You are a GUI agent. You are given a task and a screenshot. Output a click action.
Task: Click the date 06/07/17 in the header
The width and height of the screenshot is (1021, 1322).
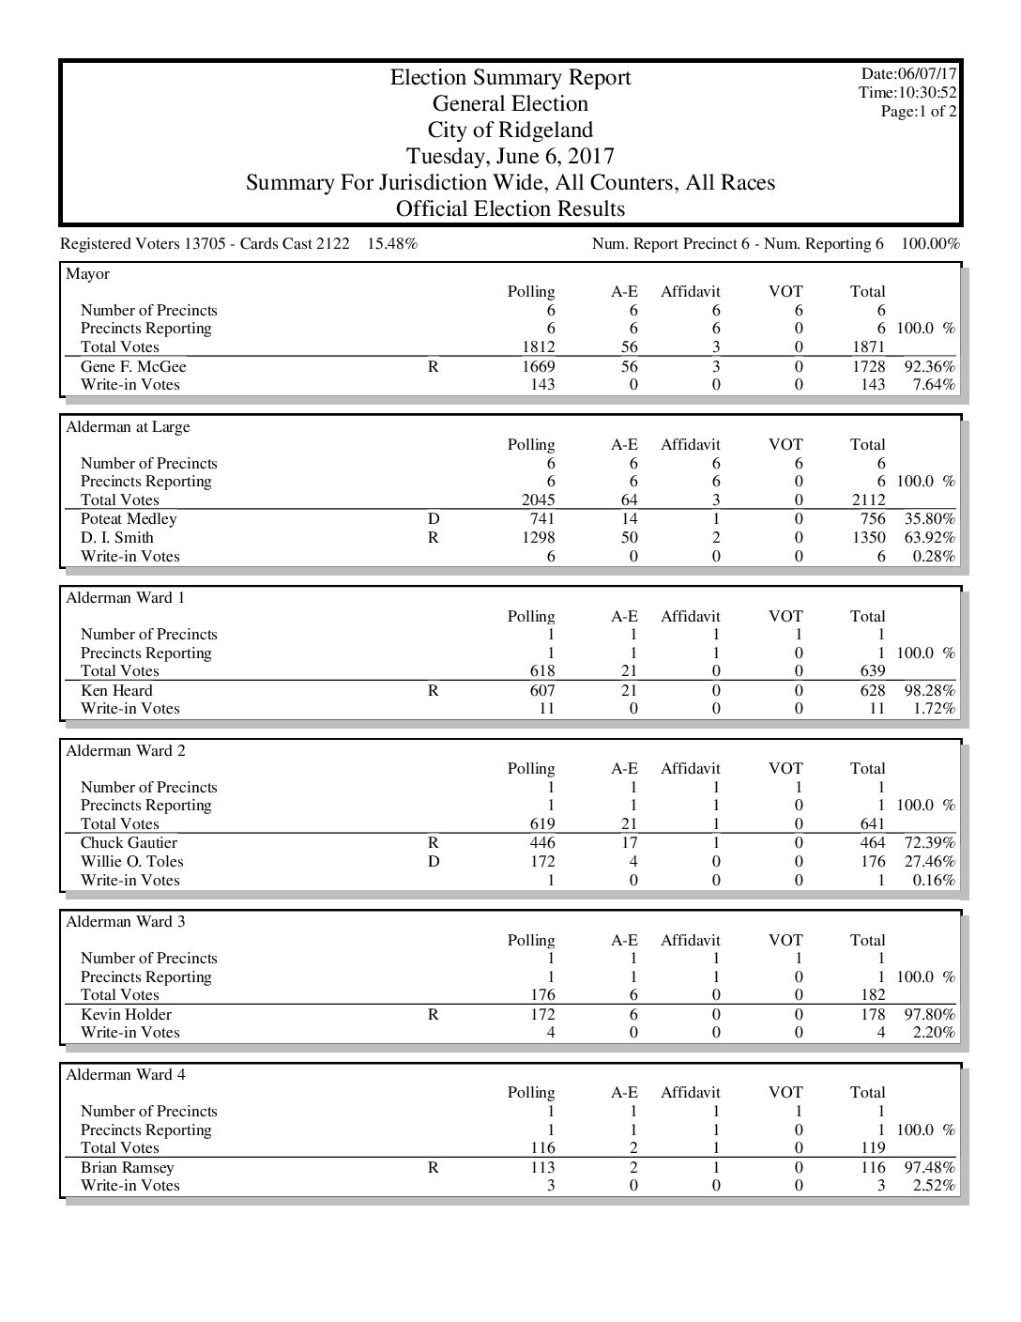click(x=926, y=73)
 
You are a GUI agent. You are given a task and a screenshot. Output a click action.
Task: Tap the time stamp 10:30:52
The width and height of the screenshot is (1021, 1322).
click(x=924, y=92)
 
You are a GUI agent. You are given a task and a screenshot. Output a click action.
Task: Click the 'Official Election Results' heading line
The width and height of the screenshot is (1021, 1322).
click(x=510, y=208)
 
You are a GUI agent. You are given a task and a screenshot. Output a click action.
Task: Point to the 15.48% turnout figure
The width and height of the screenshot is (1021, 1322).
click(x=392, y=244)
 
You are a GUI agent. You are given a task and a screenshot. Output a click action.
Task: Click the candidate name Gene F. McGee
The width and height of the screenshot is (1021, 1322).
click(x=133, y=367)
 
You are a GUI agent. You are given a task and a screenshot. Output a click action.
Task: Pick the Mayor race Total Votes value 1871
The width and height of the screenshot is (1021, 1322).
click(x=867, y=347)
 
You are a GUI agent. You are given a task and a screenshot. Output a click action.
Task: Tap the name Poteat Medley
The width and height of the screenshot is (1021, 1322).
click(x=129, y=519)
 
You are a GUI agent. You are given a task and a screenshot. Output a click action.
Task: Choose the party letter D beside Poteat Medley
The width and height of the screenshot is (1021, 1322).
click(x=434, y=519)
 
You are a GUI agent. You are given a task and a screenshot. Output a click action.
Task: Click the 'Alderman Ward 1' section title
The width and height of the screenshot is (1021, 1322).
click(x=126, y=598)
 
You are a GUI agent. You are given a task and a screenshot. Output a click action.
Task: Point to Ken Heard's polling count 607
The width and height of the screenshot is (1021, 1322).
click(x=541, y=691)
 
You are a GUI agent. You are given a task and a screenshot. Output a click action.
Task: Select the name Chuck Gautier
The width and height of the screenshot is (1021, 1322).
click(x=129, y=843)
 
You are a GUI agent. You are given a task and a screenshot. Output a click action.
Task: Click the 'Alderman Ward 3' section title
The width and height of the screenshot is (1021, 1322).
click(x=126, y=922)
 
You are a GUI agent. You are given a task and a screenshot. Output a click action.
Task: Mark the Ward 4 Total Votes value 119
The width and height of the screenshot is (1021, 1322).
click(x=873, y=1148)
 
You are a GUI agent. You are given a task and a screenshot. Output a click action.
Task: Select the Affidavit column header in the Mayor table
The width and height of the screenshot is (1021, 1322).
click(x=691, y=292)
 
